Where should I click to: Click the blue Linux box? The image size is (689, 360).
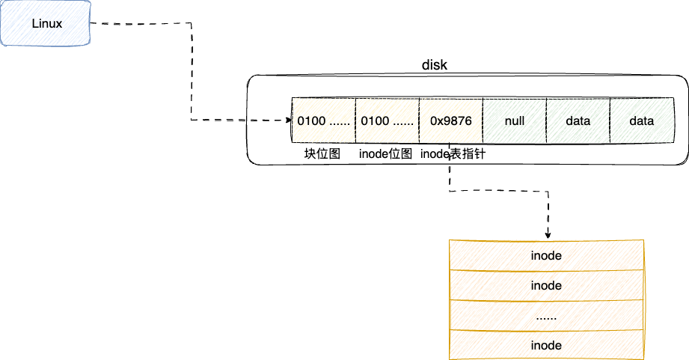pos(46,24)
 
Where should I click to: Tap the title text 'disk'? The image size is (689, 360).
pos(435,65)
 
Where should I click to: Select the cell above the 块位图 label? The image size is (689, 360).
pos(323,120)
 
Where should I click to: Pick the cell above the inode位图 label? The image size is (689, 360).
pos(387,120)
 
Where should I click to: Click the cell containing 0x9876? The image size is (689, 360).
pos(450,120)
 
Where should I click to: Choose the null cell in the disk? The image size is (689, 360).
pos(515,120)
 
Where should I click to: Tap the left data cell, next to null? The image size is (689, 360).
pos(578,120)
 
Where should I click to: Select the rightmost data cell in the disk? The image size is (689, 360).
pos(642,120)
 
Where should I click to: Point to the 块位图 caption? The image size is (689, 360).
pos(322,153)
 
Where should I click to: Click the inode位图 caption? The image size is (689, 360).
pos(386,153)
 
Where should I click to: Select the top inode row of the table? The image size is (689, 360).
pos(546,255)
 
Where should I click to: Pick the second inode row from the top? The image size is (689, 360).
pos(546,285)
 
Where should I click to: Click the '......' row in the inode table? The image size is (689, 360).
pos(546,315)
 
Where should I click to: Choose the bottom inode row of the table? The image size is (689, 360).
pos(546,345)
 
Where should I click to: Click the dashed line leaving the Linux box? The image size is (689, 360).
pos(142,24)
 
